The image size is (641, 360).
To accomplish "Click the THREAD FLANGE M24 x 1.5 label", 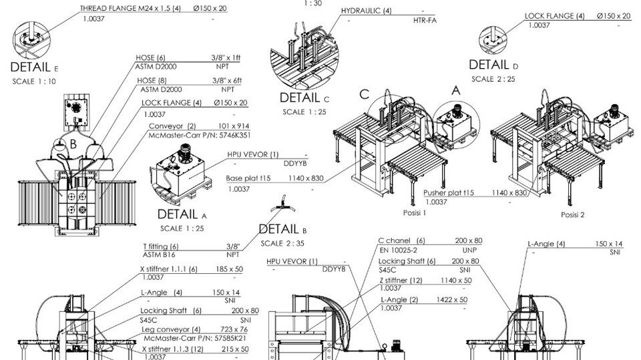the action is click(x=130, y=8).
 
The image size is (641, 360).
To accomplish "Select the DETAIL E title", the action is click(x=34, y=67).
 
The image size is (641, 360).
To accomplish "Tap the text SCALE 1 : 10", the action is click(x=34, y=81).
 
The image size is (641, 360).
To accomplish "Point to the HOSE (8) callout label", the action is click(x=152, y=81).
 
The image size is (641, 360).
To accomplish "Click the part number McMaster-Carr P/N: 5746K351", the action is click(x=200, y=135).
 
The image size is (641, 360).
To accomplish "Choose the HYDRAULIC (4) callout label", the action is click(x=367, y=11).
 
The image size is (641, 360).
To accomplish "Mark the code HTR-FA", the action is click(x=425, y=19).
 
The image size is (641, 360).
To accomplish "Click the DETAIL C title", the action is click(x=304, y=98).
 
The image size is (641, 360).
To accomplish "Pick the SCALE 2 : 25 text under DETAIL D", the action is click(x=493, y=79).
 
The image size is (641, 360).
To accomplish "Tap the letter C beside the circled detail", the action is click(x=365, y=94).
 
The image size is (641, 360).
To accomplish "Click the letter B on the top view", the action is click(x=73, y=144).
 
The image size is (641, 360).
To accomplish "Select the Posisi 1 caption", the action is click(x=415, y=212).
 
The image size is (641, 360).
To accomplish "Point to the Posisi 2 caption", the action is click(x=572, y=215).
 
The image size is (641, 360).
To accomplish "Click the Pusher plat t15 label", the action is click(x=449, y=192).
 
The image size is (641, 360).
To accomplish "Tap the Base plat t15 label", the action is click(x=248, y=178).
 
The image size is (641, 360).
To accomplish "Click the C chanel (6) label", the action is click(x=401, y=240).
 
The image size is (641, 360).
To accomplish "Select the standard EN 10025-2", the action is click(x=398, y=250).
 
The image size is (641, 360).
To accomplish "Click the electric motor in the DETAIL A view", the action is click(x=185, y=152).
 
